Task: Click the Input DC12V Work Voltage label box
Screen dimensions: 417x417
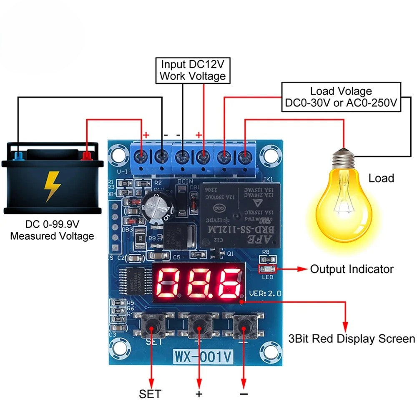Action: click(x=192, y=70)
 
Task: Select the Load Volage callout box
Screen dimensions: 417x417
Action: click(x=341, y=97)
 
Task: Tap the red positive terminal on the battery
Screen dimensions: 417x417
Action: click(x=87, y=156)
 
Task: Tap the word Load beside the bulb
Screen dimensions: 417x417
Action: click(x=381, y=178)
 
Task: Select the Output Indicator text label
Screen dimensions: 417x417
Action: click(x=351, y=269)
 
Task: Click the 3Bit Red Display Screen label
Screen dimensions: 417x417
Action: click(x=352, y=339)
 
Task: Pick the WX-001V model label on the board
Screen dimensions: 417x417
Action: click(x=203, y=357)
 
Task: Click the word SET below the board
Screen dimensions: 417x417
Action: click(x=150, y=394)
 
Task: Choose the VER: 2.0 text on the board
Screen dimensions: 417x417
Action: click(x=264, y=294)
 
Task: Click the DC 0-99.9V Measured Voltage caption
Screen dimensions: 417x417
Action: click(x=52, y=230)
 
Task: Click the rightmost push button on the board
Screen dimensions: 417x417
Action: click(x=244, y=325)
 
